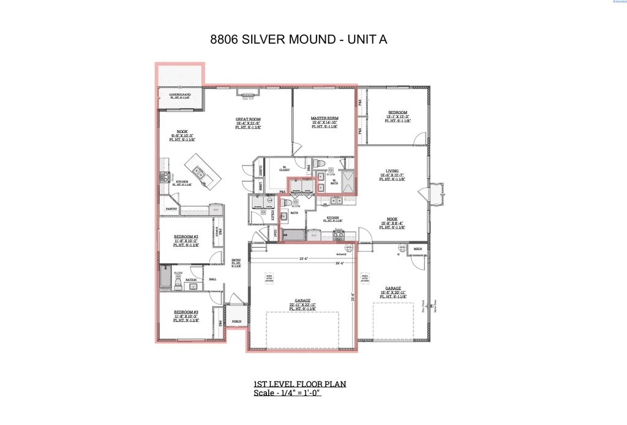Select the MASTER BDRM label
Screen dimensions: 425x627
point(325,118)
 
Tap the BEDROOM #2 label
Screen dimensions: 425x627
point(186,236)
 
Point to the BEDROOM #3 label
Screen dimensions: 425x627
point(186,312)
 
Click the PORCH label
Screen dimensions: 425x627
point(236,321)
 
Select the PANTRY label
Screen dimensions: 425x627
point(171,209)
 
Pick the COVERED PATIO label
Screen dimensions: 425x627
point(180,95)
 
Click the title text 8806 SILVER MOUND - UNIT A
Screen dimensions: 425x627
point(299,40)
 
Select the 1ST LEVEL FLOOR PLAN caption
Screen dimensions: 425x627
point(300,385)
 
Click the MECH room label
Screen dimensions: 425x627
point(418,249)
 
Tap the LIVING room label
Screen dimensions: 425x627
point(392,172)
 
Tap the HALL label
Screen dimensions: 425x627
point(213,279)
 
